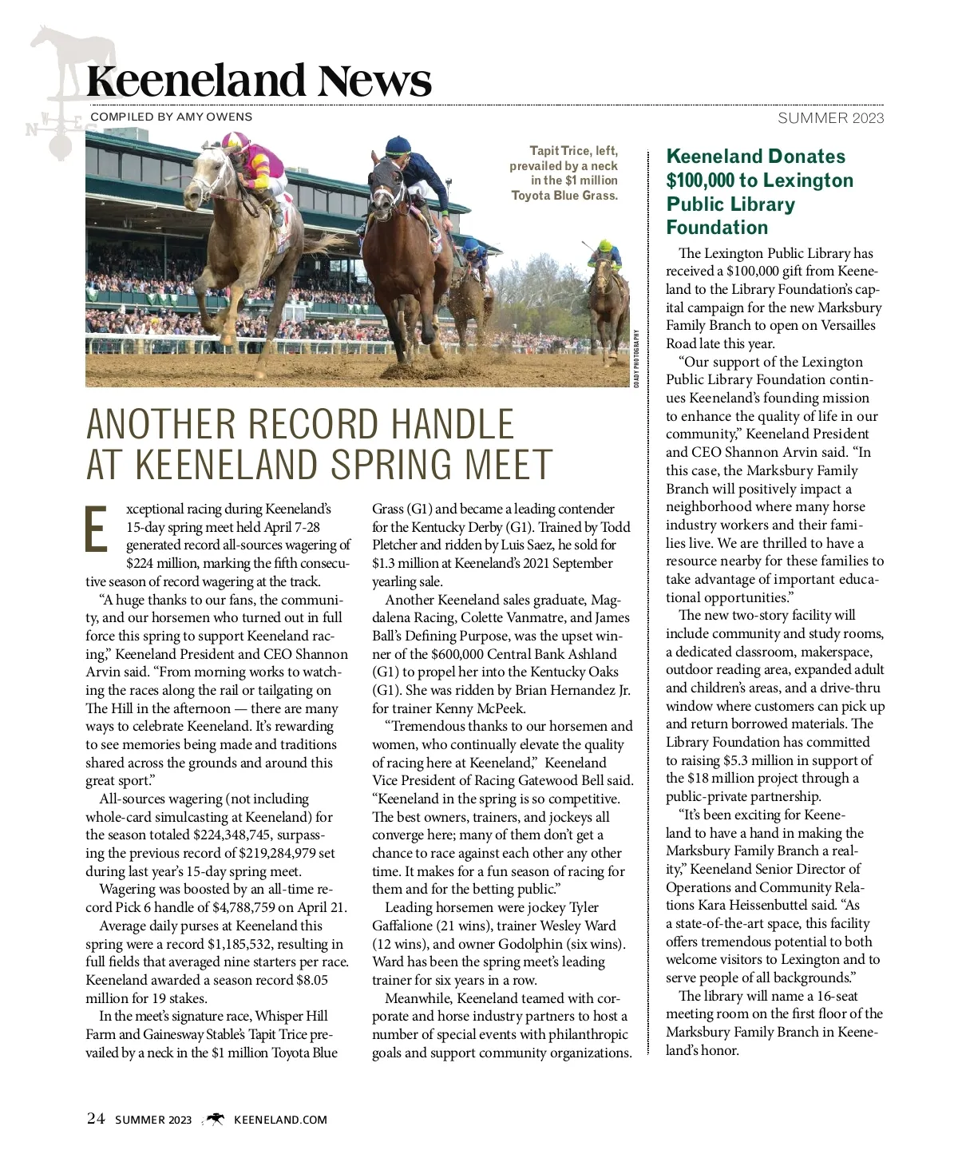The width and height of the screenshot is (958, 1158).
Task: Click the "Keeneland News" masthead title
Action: click(x=259, y=81)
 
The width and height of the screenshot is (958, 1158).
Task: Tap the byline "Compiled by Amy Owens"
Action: click(x=172, y=117)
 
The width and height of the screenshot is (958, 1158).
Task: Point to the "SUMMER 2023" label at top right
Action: click(x=831, y=118)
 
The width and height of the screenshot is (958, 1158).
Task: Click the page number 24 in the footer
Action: click(x=95, y=1118)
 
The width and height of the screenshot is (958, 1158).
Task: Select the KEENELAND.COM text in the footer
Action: click(x=280, y=1120)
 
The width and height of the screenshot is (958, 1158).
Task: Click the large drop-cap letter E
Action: click(x=97, y=528)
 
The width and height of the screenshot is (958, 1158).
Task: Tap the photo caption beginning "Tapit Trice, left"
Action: click(x=564, y=173)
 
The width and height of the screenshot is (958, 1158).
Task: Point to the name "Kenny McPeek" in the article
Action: click(x=481, y=708)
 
